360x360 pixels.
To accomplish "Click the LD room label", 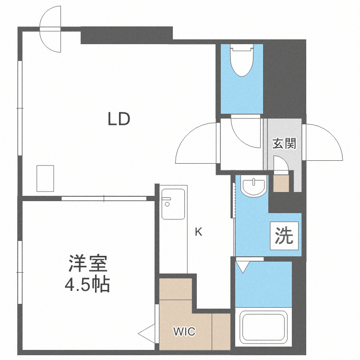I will click(x=119, y=119).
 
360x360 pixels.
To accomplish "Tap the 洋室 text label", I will click(x=87, y=264).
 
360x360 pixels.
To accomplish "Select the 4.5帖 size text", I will click(x=87, y=285).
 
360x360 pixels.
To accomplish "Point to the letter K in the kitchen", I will click(x=198, y=232).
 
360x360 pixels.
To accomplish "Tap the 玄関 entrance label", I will click(x=284, y=143).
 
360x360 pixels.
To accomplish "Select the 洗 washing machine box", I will click(x=284, y=236).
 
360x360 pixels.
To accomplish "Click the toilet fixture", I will click(x=242, y=60).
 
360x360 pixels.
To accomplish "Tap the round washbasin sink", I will click(x=253, y=187).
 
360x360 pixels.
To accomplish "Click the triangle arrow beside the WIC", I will click(x=146, y=331).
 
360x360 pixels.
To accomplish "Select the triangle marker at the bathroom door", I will click(x=243, y=266).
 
